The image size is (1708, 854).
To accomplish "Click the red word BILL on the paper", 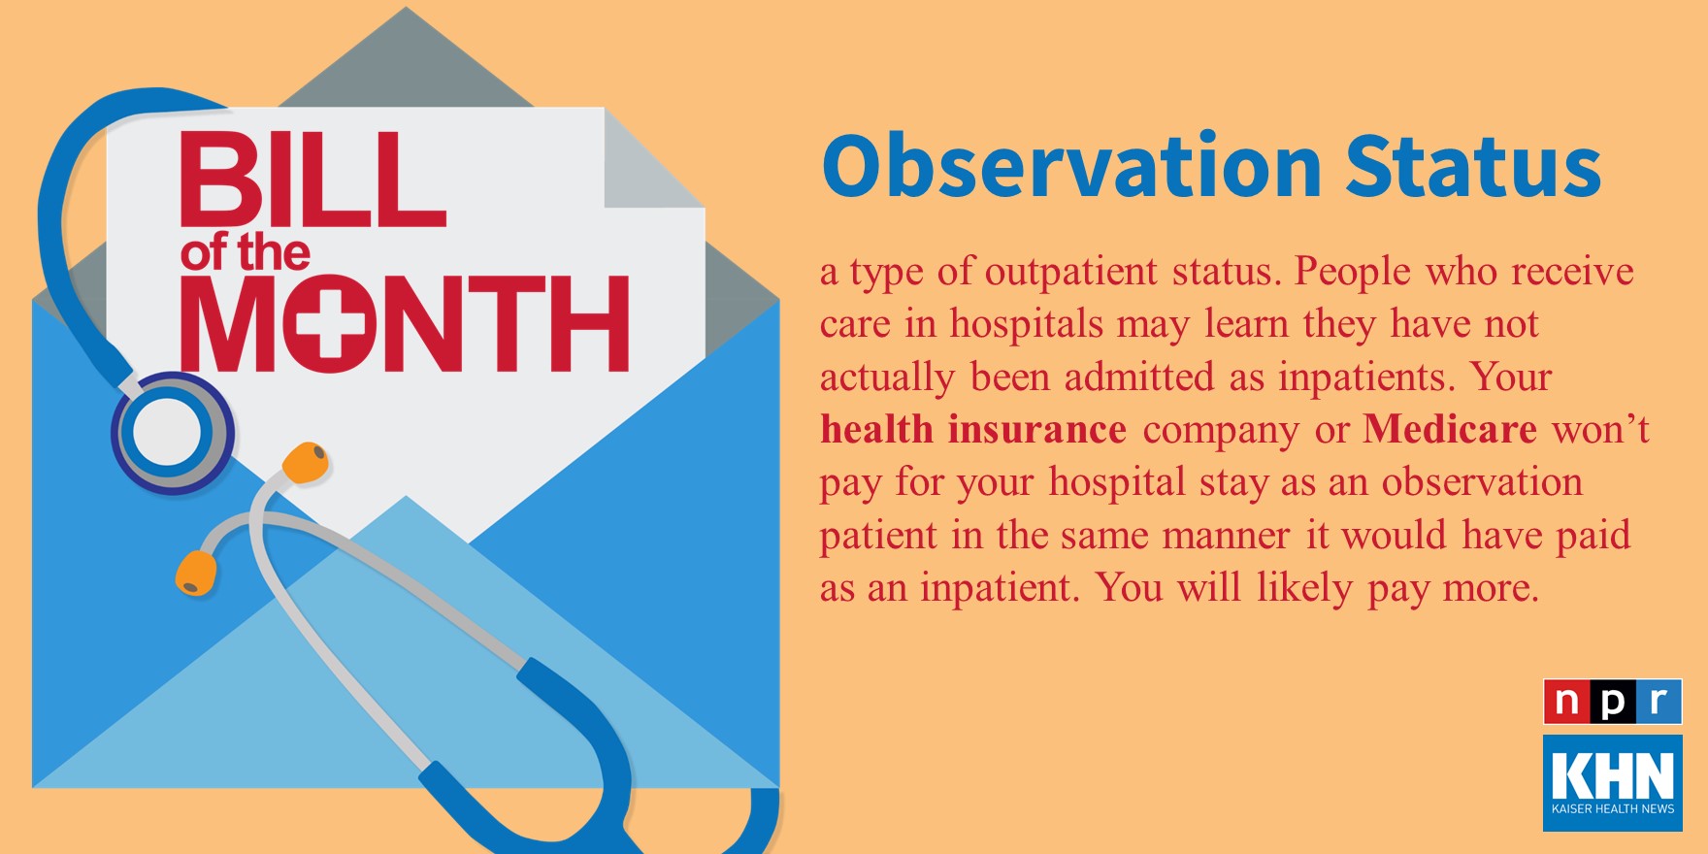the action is pyautogui.click(x=312, y=181).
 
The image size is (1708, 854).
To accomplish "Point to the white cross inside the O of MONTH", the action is pyautogui.click(x=330, y=323).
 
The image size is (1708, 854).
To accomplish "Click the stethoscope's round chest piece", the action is pyautogui.click(x=172, y=433).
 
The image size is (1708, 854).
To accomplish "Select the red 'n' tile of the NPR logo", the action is pyautogui.click(x=1566, y=702).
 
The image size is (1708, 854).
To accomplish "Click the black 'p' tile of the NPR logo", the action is pyautogui.click(x=1612, y=702).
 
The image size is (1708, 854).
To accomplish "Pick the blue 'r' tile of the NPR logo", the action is pyautogui.click(x=1659, y=702).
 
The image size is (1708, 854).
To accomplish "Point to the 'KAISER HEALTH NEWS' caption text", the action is pyautogui.click(x=1613, y=808).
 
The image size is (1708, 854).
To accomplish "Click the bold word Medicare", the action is pyautogui.click(x=1450, y=429).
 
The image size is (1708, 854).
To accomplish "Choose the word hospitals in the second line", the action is pyautogui.click(x=1027, y=325).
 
